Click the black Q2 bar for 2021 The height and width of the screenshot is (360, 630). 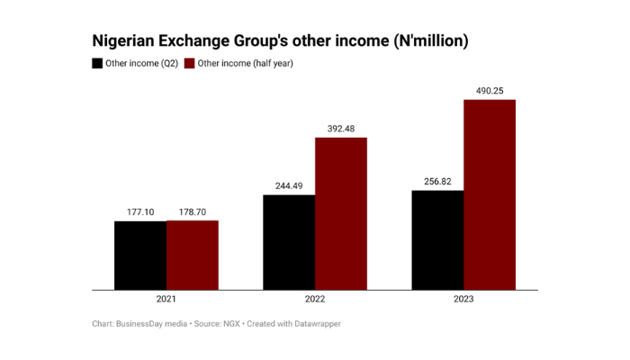point(140,256)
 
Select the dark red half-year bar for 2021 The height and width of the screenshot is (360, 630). point(193,256)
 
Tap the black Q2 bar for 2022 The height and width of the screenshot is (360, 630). point(289,242)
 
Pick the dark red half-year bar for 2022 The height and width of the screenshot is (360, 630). point(341,213)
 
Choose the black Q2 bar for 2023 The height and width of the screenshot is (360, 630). point(437,239)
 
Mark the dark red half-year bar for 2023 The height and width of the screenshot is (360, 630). point(490,194)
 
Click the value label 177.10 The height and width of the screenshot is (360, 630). point(140,211)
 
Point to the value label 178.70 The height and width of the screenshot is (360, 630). point(193,211)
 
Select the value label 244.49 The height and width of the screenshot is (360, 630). point(289,186)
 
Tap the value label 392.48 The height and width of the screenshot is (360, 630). point(341,129)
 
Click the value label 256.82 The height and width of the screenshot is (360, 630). point(437,181)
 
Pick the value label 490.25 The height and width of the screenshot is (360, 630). point(490,90)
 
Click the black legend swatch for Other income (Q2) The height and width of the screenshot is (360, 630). point(97,64)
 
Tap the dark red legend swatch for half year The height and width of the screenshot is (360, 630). point(189,64)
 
